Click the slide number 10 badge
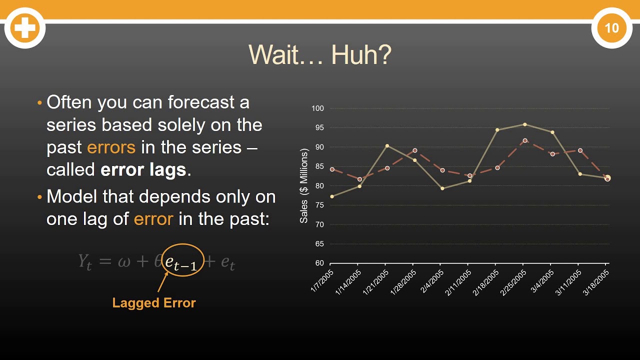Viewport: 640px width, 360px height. pos(611,28)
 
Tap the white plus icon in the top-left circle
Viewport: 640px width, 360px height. pos(24,28)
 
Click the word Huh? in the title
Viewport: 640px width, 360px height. pos(361,55)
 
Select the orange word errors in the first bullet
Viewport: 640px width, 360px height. pos(111,147)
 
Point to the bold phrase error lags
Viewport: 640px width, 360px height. pos(143,170)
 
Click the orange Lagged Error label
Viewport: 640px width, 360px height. pos(154,302)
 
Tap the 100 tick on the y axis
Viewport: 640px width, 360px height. pos(317,108)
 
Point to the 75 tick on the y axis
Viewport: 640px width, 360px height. pos(319,205)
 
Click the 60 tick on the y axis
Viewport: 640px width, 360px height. pos(319,263)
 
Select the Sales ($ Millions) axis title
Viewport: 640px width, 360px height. pos(303,186)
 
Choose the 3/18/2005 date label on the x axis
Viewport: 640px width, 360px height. pos(596,283)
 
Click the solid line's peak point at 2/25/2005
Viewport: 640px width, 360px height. pos(524,124)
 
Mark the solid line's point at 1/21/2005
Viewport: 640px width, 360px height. pos(386,146)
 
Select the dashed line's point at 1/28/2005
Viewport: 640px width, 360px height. pos(414,150)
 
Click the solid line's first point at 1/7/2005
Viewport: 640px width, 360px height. pos(332,196)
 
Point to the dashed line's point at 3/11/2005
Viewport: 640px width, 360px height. pos(580,150)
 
